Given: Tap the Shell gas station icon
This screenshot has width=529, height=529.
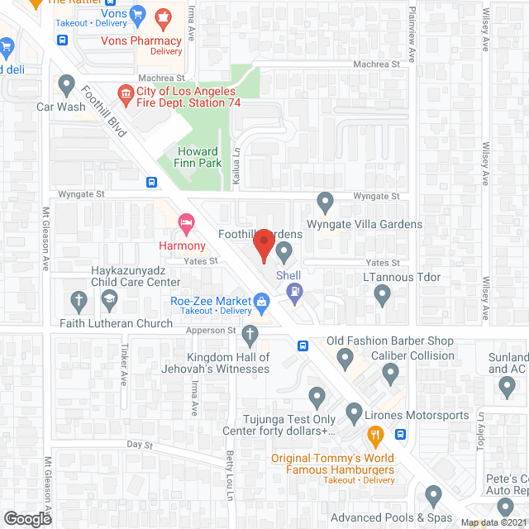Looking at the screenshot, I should [293, 291].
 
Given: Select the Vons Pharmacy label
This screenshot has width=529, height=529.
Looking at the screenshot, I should [141, 41].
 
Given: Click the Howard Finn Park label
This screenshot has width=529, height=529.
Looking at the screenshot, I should [198, 157].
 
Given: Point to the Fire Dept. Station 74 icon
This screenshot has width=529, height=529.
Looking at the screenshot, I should [126, 91].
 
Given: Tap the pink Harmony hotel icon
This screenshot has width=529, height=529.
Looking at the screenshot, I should [186, 222].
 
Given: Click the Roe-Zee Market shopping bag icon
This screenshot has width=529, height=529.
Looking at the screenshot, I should [262, 301].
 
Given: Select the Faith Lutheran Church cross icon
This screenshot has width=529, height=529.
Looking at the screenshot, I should [79, 300].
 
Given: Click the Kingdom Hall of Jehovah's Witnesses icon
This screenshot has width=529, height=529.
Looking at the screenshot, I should [250, 335].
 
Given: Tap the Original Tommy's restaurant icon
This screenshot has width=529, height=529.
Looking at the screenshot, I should [375, 435].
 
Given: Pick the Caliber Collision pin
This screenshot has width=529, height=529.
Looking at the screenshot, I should [389, 376].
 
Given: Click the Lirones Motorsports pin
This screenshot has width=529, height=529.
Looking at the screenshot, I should [354, 412].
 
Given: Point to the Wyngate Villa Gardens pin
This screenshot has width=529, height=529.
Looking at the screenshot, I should [326, 201].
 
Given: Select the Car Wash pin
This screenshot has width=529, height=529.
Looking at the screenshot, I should [66, 83].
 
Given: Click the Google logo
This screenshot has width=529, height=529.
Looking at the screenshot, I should [26, 518].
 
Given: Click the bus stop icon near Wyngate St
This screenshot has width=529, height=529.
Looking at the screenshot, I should [151, 183].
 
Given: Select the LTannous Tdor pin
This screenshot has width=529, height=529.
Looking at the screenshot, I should [382, 297].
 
